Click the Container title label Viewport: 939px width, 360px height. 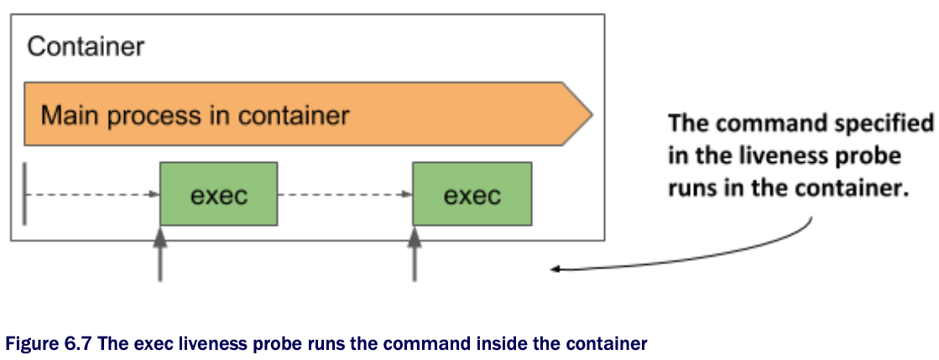[86, 46]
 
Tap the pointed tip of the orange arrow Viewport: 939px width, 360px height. [589, 114]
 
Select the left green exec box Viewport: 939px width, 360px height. [218, 195]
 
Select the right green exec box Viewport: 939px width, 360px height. [472, 195]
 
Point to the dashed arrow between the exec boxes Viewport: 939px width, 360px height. [344, 195]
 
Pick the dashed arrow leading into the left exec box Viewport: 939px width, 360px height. [92, 195]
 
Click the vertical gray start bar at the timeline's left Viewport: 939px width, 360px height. [25, 195]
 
